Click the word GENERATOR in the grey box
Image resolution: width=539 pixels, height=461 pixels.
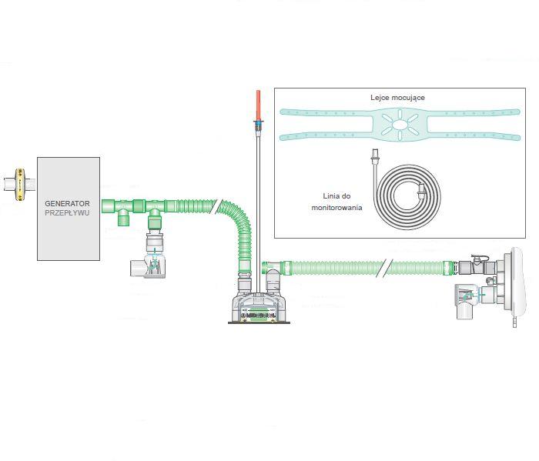tap(68, 203)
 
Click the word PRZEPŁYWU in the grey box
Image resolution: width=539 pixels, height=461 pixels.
tap(68, 213)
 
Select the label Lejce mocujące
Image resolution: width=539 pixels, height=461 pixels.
tap(397, 99)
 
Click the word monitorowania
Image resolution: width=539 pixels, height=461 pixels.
tap(336, 208)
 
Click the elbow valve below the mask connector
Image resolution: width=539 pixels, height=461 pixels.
tap(470, 301)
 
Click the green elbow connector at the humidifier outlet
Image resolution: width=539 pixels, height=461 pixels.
tap(269, 269)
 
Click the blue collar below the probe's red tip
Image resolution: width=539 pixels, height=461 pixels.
tap(256, 124)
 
